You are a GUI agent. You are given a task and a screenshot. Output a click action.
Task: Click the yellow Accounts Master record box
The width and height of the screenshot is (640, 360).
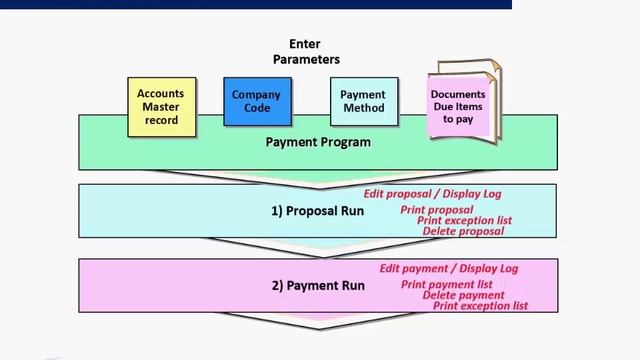pos(160,104)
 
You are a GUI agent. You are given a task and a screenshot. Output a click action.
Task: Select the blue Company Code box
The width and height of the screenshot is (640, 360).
pos(257,101)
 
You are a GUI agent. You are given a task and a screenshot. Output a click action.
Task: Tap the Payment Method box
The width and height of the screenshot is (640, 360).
pos(363,101)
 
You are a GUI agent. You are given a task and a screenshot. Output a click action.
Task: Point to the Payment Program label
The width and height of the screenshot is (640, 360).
pos(318,142)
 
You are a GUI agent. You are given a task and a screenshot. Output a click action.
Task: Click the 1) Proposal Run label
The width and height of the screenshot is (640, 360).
pos(316,211)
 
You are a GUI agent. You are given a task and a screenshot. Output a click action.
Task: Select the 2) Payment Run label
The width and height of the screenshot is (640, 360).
pos(318,286)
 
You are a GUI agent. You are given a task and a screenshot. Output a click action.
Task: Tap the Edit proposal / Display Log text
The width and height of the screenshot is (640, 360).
pos(432,194)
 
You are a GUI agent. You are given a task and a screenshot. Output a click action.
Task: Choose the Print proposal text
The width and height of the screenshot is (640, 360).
pos(437,210)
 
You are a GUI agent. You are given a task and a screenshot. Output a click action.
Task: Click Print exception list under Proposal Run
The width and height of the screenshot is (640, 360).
pos(464,220)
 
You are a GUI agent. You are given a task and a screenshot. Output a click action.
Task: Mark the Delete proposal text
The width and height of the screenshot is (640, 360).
pos(463,231)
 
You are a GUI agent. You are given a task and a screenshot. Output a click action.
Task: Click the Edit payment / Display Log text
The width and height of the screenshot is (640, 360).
pos(448,268)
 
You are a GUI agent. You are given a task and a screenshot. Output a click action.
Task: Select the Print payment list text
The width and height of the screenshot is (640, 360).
pos(446,285)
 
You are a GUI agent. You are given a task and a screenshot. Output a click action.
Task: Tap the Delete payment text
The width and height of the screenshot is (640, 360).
pos(463,295)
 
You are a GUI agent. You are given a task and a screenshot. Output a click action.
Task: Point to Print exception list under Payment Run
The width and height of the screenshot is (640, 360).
pos(480,306)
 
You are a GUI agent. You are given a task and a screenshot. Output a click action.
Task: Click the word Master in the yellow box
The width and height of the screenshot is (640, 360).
pos(160,107)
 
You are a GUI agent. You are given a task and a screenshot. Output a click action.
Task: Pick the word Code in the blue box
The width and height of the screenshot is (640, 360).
pos(257,108)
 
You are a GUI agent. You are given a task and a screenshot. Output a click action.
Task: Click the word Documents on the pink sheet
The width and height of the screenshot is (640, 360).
pos(458,95)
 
